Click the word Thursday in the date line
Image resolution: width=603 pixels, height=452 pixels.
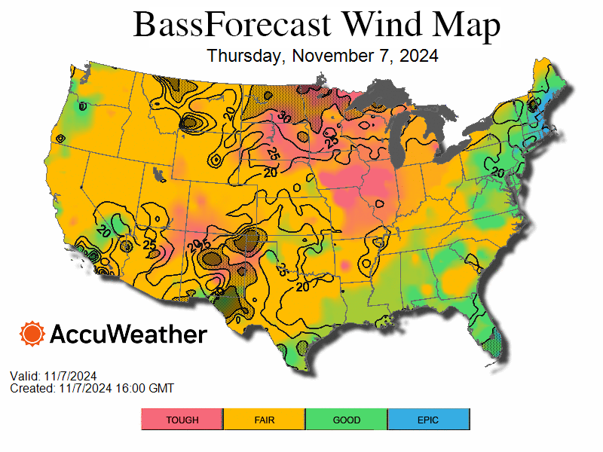[246, 56]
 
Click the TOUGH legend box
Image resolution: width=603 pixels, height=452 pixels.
[182, 420]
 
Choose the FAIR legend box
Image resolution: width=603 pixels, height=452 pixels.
[265, 420]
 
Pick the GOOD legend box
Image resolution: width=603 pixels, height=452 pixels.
[347, 420]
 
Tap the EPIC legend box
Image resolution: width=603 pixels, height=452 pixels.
[428, 420]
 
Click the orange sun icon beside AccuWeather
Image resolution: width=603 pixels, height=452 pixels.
[32, 334]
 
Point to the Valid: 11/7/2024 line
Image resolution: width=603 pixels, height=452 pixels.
[54, 376]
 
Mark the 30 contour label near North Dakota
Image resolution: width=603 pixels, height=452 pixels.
[283, 117]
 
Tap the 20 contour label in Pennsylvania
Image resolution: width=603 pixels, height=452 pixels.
[497, 173]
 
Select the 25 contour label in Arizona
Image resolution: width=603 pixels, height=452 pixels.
[149, 245]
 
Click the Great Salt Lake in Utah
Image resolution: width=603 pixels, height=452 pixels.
[158, 174]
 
